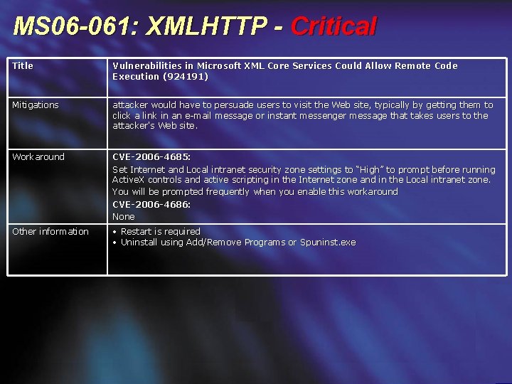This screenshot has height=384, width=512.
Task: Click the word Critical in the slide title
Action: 334,27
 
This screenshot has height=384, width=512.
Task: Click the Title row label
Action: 23,66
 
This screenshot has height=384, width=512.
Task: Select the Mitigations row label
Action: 36,105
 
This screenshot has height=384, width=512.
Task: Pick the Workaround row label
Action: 38,157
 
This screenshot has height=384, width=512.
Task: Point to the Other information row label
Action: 50,232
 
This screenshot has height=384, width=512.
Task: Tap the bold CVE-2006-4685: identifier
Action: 151,157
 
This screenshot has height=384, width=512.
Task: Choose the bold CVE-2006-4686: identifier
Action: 151,205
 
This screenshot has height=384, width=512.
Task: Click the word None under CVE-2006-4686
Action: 124,217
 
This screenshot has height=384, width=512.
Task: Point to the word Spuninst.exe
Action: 328,242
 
